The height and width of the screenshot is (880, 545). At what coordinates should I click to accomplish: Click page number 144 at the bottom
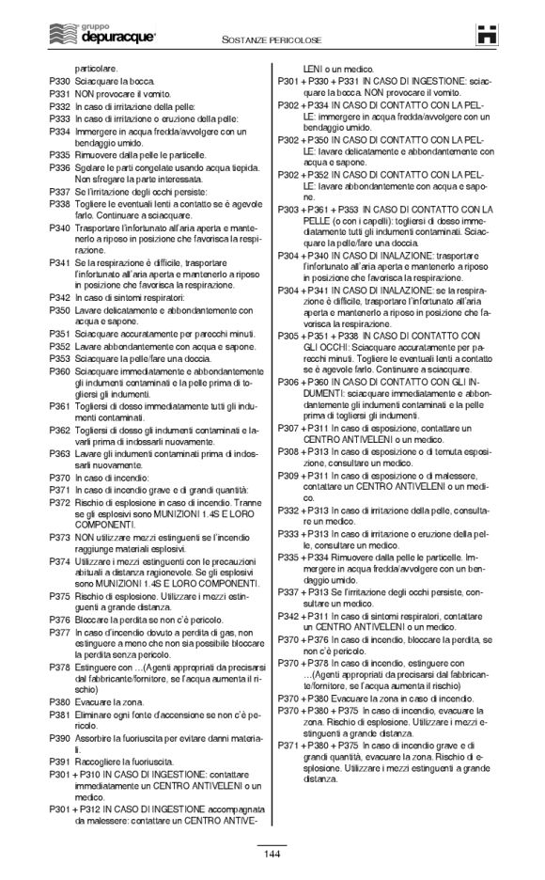point(272,853)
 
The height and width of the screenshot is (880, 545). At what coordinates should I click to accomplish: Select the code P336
point(60,166)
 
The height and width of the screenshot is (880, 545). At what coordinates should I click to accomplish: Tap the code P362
point(60,429)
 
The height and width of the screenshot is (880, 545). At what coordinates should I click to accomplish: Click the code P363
point(60,454)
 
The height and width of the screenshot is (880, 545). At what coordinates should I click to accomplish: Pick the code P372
point(60,503)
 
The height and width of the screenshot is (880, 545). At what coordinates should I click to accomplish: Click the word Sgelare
point(90,166)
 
